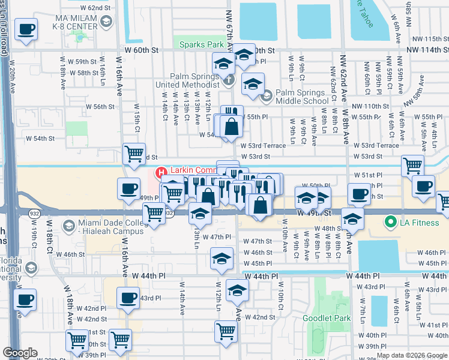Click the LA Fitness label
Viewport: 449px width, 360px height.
(420, 223)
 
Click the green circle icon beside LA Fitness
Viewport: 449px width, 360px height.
(391, 223)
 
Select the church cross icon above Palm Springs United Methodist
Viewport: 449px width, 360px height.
(228, 79)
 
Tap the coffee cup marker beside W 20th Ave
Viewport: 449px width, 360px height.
(26, 29)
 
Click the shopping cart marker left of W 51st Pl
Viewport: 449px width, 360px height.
(412, 166)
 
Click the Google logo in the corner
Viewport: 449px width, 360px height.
(20, 353)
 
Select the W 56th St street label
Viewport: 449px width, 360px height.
(100, 106)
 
